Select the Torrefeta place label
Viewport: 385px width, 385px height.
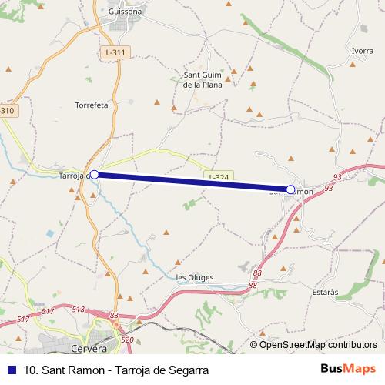[x=92, y=104]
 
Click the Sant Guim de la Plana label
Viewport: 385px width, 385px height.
[x=203, y=79]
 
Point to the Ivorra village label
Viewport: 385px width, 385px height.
[x=363, y=51]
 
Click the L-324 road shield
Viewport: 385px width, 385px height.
[x=218, y=177]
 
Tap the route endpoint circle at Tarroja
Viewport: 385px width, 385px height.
[x=94, y=175]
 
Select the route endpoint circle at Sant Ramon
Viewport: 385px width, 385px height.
[x=290, y=189]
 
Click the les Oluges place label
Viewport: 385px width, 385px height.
[x=195, y=278]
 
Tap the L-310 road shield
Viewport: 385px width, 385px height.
[x=7, y=111]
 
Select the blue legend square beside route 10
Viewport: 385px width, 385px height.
[x=10, y=370]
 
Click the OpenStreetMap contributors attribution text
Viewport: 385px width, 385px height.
[x=316, y=345]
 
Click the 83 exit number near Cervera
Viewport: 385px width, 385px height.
[x=115, y=315]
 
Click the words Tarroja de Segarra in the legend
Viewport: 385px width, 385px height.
[x=162, y=370]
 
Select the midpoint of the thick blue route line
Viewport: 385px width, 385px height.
[x=192, y=182]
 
